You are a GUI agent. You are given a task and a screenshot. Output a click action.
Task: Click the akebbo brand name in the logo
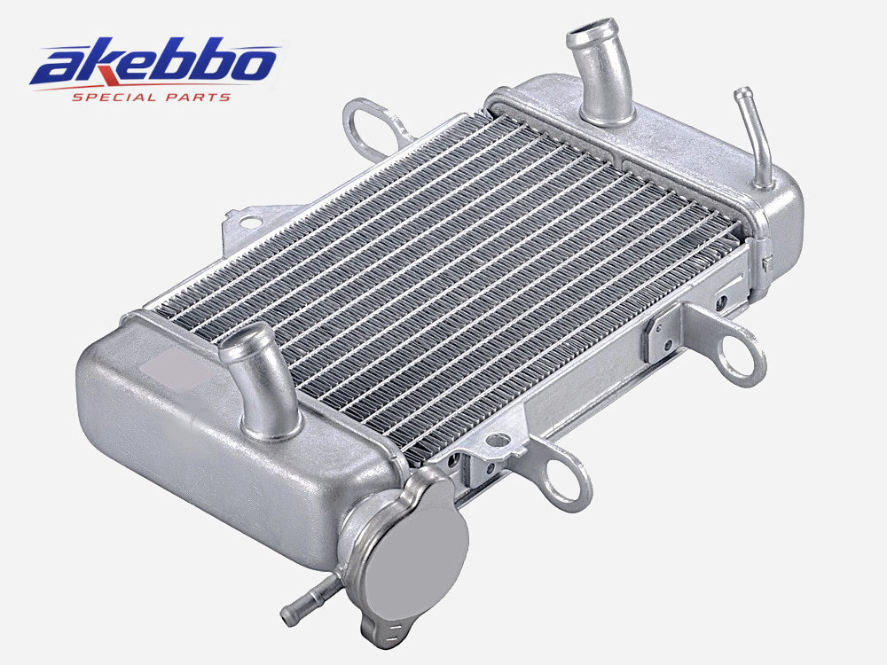click(153, 64)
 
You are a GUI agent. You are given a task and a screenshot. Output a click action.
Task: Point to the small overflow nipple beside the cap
click(310, 603)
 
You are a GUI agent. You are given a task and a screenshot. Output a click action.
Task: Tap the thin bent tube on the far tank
click(757, 137)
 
